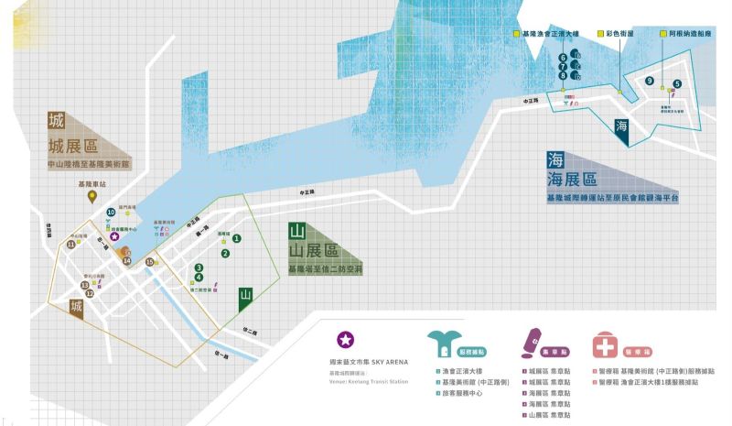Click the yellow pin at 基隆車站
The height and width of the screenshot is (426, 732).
pyautogui.click(x=92, y=195)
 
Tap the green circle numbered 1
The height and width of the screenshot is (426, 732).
pyautogui.click(x=236, y=238)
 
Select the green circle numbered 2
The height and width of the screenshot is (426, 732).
pyautogui.click(x=225, y=254)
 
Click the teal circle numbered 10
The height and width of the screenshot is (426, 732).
pyautogui.click(x=111, y=213)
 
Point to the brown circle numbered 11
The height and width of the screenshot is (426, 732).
pyautogui.click(x=70, y=246)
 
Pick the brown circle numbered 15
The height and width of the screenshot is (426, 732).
pyautogui.click(x=150, y=262)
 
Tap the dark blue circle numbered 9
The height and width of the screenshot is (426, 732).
pyautogui.click(x=649, y=82)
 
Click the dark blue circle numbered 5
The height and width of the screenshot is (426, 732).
pyautogui.click(x=676, y=83)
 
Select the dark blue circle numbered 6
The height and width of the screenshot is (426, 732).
pyautogui.click(x=564, y=58)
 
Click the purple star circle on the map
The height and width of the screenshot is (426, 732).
pyautogui.click(x=114, y=235)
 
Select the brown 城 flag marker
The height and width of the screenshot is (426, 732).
pyautogui.click(x=78, y=309)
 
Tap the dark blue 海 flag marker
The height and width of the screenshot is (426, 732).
pyautogui.click(x=622, y=127)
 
